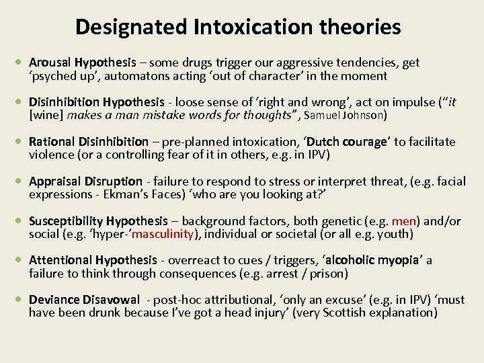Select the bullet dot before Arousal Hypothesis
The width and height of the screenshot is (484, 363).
coord(21,63)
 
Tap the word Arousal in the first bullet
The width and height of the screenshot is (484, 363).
coord(51,63)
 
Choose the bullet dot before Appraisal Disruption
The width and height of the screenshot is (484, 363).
coord(21,182)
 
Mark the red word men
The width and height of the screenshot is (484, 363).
coord(405,221)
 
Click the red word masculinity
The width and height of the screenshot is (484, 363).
coord(165,234)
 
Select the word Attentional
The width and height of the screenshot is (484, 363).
coord(61,260)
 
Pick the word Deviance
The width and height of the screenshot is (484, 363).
coord(54,300)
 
